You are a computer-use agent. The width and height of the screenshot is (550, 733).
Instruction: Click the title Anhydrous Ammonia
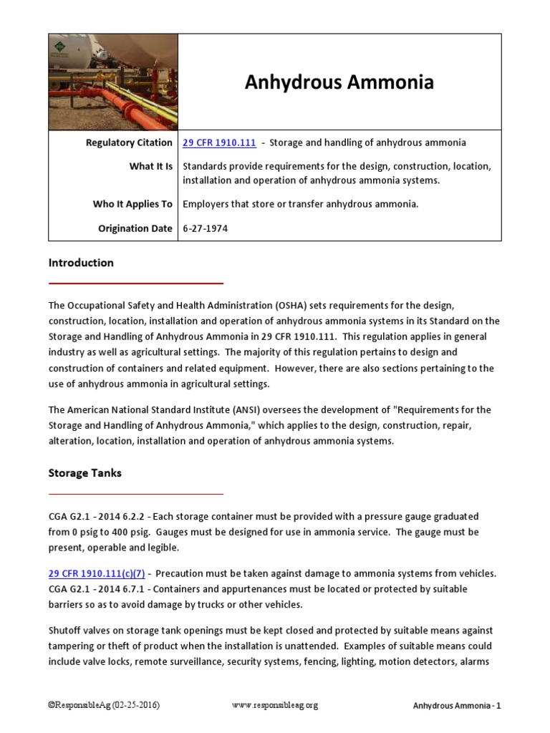point(339,82)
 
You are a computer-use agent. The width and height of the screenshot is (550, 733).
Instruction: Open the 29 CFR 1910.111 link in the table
point(219,142)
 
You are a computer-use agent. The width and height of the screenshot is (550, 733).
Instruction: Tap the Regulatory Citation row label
point(129,142)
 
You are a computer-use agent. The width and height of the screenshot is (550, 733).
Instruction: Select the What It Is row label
point(150,166)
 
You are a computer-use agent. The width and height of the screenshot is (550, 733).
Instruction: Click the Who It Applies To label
point(132,204)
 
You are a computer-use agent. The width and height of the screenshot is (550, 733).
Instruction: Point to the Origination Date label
point(135,228)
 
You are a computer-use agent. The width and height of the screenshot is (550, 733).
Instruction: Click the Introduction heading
point(81,263)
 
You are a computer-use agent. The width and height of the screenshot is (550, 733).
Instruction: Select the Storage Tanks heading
point(85,473)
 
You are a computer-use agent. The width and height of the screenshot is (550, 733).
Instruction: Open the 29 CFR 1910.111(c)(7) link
point(97,573)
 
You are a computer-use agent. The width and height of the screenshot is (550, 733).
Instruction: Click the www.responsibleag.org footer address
point(274,705)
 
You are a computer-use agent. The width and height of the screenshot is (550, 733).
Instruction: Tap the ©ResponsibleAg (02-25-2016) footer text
point(104,705)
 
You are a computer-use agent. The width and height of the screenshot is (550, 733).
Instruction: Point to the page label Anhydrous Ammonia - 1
point(457,706)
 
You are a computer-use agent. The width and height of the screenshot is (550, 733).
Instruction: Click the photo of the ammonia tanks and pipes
point(113,82)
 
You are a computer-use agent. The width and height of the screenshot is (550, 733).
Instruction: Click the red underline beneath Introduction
point(136,283)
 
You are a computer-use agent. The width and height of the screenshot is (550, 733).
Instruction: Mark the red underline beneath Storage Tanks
point(136,494)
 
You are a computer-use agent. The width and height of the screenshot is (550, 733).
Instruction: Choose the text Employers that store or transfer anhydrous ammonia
point(301,204)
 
